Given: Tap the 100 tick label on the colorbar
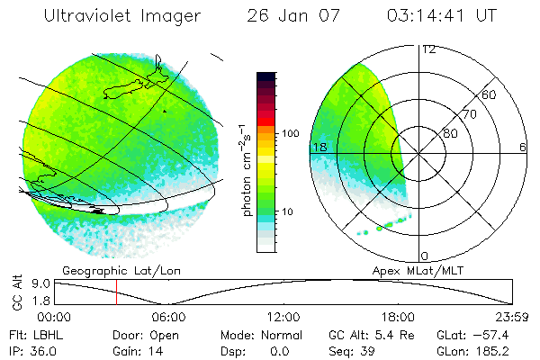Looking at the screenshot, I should point(291,133).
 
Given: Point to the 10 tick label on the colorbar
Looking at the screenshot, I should point(288,212).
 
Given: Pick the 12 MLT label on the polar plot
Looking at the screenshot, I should point(427,49).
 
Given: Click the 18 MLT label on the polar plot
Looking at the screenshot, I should point(318,147).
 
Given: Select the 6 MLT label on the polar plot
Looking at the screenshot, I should point(523,147).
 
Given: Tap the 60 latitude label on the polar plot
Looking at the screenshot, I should point(490,94).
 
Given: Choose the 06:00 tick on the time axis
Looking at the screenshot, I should point(168,317).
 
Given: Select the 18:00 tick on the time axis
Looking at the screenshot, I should point(398,317).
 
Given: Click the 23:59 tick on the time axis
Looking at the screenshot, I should point(512,317).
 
